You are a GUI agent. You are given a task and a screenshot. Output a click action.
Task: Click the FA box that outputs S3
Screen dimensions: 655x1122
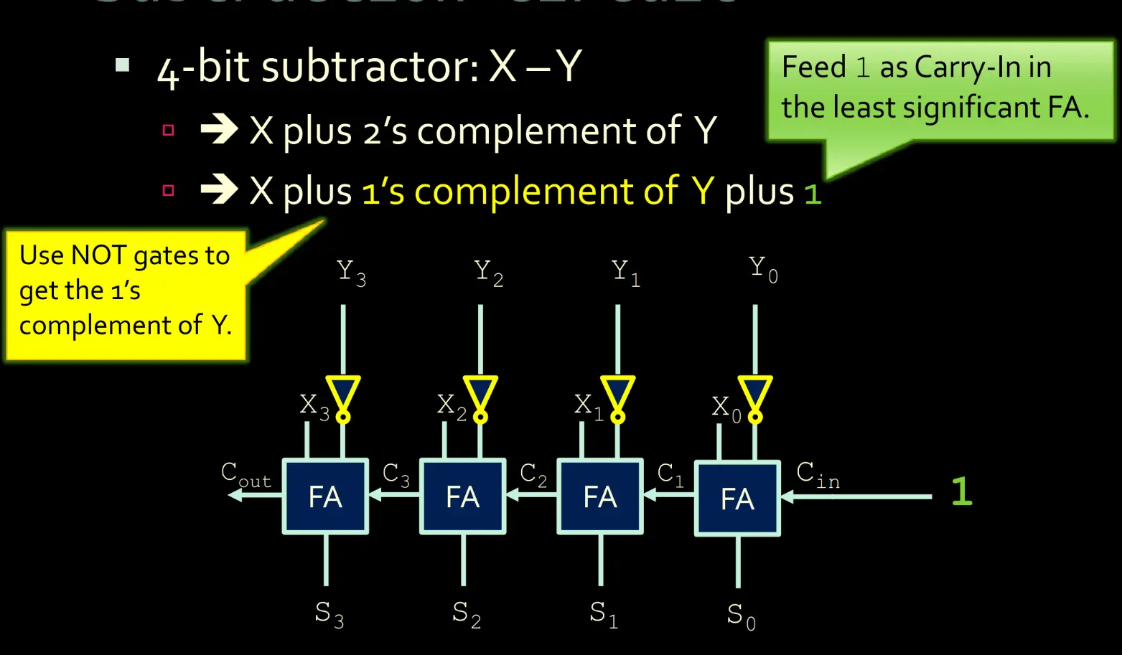point(325,496)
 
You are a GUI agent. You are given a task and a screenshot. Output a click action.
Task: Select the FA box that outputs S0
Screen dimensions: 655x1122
point(737,498)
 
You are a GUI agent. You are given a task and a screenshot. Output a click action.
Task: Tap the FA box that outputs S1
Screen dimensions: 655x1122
point(600,496)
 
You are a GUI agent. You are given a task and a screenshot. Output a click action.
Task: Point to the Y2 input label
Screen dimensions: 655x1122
point(488,273)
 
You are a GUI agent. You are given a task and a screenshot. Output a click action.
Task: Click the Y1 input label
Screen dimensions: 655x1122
point(625,273)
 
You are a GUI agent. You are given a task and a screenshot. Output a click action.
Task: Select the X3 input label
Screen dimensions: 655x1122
point(314,406)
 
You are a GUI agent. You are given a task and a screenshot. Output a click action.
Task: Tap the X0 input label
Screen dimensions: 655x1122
point(726,407)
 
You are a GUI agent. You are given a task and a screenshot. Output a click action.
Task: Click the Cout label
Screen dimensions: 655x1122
point(246,475)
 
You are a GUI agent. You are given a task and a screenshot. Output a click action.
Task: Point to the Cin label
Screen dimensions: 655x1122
point(817,475)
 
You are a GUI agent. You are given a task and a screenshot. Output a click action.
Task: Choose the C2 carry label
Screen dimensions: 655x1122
point(533,475)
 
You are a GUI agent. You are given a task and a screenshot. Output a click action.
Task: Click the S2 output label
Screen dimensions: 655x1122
point(466,614)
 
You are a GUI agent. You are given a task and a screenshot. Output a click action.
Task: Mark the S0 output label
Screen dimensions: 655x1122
point(741,616)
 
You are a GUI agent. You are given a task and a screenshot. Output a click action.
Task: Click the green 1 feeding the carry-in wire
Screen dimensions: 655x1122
point(961,492)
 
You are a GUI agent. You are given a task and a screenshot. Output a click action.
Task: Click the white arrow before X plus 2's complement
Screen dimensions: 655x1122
point(219,130)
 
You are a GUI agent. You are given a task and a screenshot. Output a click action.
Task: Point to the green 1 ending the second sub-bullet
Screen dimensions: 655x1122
point(812,194)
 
